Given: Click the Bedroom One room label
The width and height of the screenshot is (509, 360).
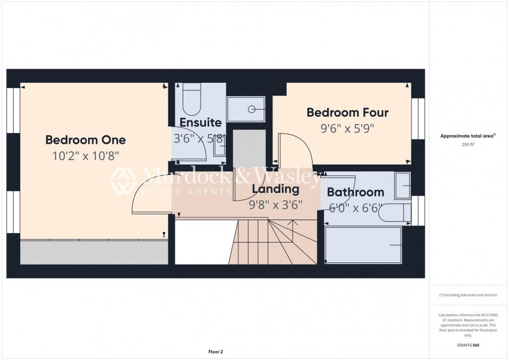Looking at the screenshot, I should tap(86, 140).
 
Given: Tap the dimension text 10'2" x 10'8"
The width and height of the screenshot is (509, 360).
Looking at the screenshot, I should tap(86, 156).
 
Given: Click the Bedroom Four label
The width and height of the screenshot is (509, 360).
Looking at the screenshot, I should tap(347, 113).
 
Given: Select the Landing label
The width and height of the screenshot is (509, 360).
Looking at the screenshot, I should tap(275, 189).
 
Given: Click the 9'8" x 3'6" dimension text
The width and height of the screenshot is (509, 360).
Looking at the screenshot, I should tap(275, 204).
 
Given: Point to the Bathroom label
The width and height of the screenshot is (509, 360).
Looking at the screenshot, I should tap(355, 192).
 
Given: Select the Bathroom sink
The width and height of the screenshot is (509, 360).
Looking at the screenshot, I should tap(402, 186).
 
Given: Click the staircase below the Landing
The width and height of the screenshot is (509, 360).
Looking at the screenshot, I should tap(275, 242).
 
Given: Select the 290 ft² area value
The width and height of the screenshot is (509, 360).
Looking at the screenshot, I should tap(468, 145).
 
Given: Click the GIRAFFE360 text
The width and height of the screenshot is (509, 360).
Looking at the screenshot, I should tap(468, 345).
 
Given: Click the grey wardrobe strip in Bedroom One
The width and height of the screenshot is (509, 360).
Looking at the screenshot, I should tap(94, 252).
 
